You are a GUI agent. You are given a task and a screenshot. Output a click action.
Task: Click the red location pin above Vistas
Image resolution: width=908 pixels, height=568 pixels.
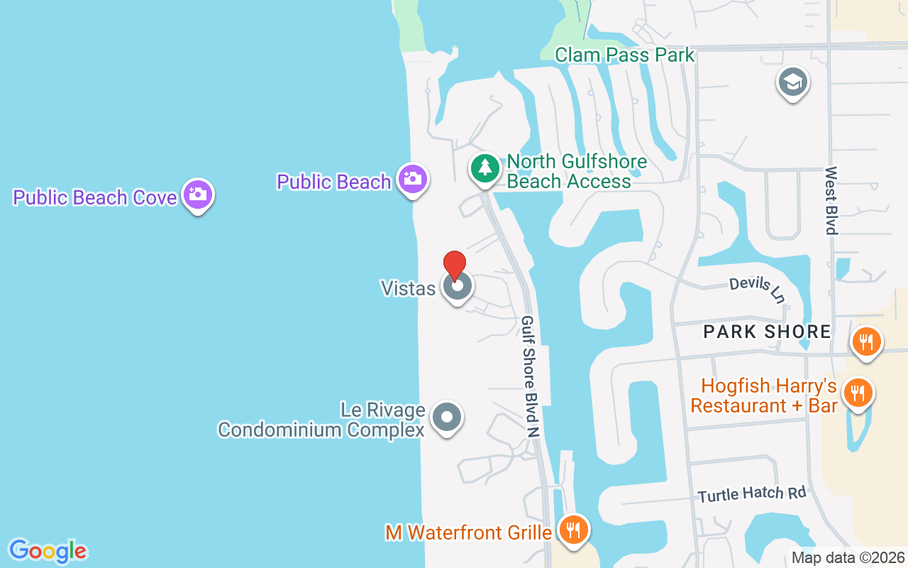pyautogui.click(x=455, y=264)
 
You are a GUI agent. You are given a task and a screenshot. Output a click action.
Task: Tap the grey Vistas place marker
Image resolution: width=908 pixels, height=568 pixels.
pyautogui.click(x=458, y=287)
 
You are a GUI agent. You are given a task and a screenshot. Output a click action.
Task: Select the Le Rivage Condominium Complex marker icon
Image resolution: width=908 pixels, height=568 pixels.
pyautogui.click(x=447, y=417)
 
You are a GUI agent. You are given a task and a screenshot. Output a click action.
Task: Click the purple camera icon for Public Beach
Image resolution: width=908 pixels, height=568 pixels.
pyautogui.click(x=412, y=179)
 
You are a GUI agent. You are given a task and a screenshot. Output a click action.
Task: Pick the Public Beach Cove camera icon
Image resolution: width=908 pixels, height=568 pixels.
pyautogui.click(x=198, y=194)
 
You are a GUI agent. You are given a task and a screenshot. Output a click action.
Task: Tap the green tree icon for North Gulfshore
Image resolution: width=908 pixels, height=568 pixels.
pyautogui.click(x=485, y=168)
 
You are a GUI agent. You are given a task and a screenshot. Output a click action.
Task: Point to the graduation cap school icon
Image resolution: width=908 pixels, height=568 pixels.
pyautogui.click(x=793, y=82)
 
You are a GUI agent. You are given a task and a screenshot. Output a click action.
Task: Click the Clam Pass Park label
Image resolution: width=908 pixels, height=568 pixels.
pyautogui.click(x=624, y=55)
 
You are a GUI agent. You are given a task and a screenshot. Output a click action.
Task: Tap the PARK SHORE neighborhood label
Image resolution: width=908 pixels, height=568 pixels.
pyautogui.click(x=767, y=332)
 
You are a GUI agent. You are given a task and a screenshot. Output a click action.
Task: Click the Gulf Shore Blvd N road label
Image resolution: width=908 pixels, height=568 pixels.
pyautogui.click(x=531, y=376)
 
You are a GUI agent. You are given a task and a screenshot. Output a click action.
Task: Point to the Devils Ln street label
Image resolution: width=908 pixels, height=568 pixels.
pyautogui.click(x=757, y=288)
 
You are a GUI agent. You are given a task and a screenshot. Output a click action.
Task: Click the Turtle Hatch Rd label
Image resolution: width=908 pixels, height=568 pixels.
pyautogui.click(x=751, y=493)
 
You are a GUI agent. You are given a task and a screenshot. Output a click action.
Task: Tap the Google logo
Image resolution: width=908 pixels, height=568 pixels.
pyautogui.click(x=48, y=551)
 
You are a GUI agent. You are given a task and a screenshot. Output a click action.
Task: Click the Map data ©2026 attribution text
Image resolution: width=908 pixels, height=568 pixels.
pyautogui.click(x=848, y=557)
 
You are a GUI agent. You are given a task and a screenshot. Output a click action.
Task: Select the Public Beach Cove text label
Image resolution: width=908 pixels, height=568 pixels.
pyautogui.click(x=95, y=197)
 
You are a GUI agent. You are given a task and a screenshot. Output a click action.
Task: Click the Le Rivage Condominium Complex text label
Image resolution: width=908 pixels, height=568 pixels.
pyautogui.click(x=321, y=420)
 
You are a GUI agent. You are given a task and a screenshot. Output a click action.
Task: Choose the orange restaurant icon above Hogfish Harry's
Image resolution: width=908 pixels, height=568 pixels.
pyautogui.click(x=865, y=341)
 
